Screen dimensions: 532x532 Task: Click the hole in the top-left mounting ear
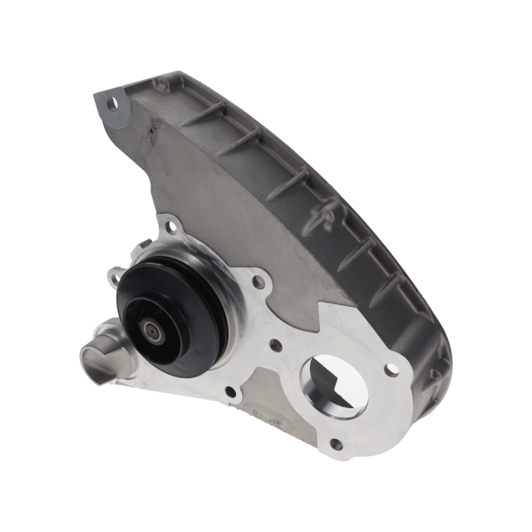pyautogui.click(x=114, y=103)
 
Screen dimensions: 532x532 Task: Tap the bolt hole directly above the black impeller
pyautogui.click(x=170, y=224)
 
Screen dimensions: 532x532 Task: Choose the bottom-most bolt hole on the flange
pyautogui.click(x=336, y=445)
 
